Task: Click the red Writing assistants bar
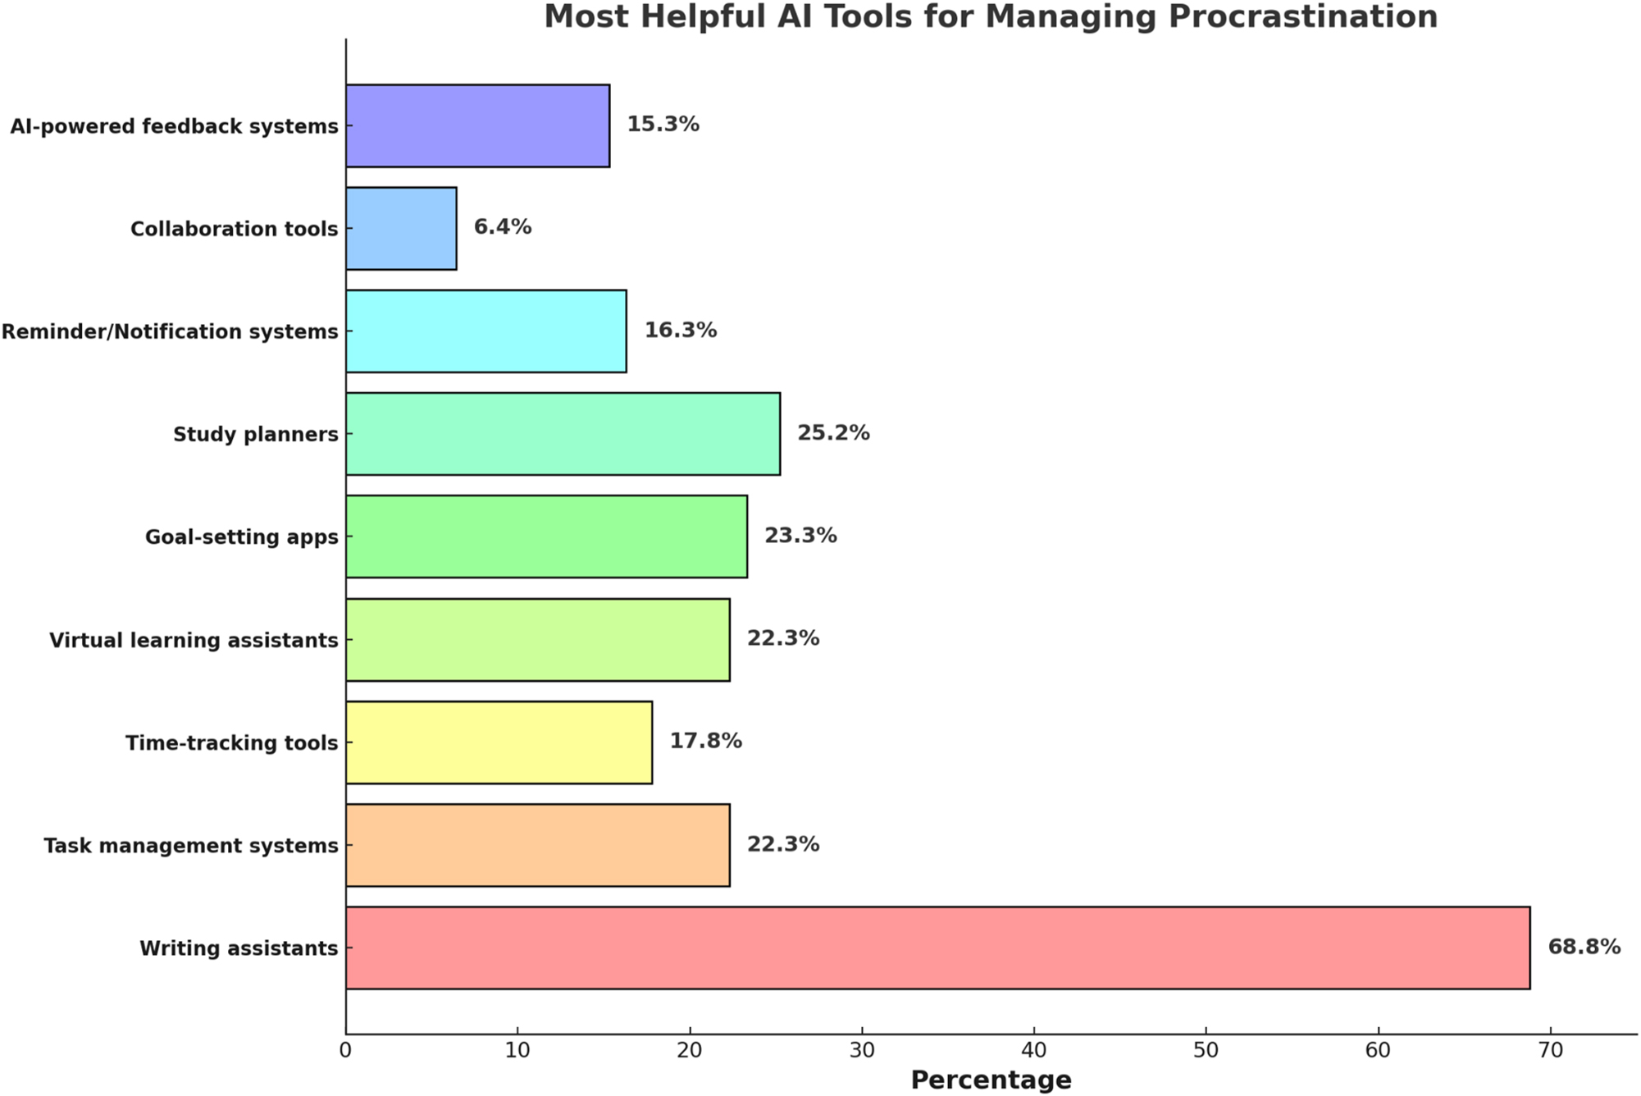click(937, 948)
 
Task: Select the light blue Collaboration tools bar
click(401, 228)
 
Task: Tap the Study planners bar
click(563, 433)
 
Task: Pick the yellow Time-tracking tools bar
click(499, 742)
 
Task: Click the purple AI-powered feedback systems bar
click(477, 126)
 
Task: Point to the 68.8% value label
click(1584, 947)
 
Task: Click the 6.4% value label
click(502, 226)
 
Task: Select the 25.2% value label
click(833, 432)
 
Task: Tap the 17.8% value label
click(705, 741)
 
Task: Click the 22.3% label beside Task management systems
click(782, 844)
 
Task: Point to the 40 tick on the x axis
click(1034, 1051)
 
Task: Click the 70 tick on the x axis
click(1550, 1051)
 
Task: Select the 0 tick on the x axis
click(346, 1051)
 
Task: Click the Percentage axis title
click(991, 1080)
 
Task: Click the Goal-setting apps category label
click(241, 537)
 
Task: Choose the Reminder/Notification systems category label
click(170, 331)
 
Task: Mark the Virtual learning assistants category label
click(194, 640)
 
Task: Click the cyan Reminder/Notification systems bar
click(485, 331)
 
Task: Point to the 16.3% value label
click(680, 330)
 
